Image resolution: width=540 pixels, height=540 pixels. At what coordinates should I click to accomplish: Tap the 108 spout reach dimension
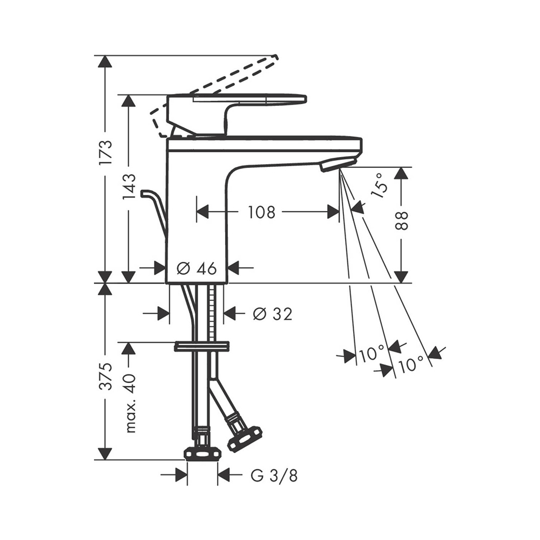pos(262,212)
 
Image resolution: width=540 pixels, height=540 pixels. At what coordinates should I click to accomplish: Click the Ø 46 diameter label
pos(197,268)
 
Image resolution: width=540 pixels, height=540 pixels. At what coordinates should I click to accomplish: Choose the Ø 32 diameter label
pos(272,313)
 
